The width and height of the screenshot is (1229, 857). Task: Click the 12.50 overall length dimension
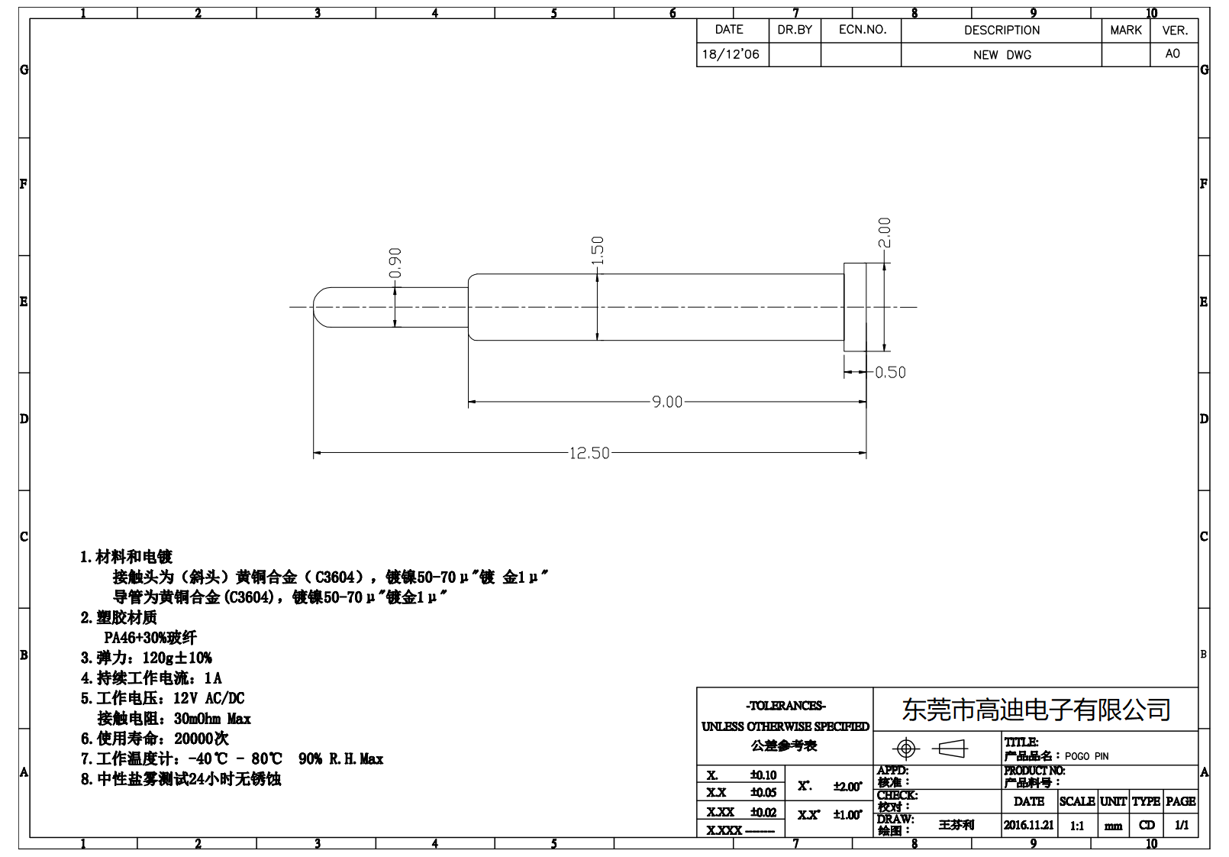(589, 453)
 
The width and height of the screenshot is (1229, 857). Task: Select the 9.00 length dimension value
(667, 402)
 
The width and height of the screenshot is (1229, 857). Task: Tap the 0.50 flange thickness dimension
(890, 373)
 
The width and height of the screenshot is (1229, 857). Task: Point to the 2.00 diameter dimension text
(884, 232)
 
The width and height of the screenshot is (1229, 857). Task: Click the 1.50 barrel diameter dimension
(598, 251)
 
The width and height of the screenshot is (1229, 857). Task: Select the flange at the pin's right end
(855, 307)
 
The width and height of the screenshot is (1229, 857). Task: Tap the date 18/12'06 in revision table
(731, 54)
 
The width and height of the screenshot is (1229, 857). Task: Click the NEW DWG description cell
(1002, 55)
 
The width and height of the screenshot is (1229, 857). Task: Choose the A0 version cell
(1173, 53)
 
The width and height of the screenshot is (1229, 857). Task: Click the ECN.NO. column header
(862, 30)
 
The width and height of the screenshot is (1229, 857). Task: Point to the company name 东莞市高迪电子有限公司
(1036, 710)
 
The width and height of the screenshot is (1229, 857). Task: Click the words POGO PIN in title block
(1086, 756)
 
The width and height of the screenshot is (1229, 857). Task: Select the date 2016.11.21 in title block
(1028, 825)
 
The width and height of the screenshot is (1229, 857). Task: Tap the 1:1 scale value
(1076, 826)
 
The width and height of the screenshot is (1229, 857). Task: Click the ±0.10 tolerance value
(763, 775)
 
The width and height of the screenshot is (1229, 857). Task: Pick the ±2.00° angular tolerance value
(847, 786)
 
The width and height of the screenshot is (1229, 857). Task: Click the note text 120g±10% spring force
(177, 658)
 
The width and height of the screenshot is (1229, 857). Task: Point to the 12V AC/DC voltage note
(208, 698)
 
